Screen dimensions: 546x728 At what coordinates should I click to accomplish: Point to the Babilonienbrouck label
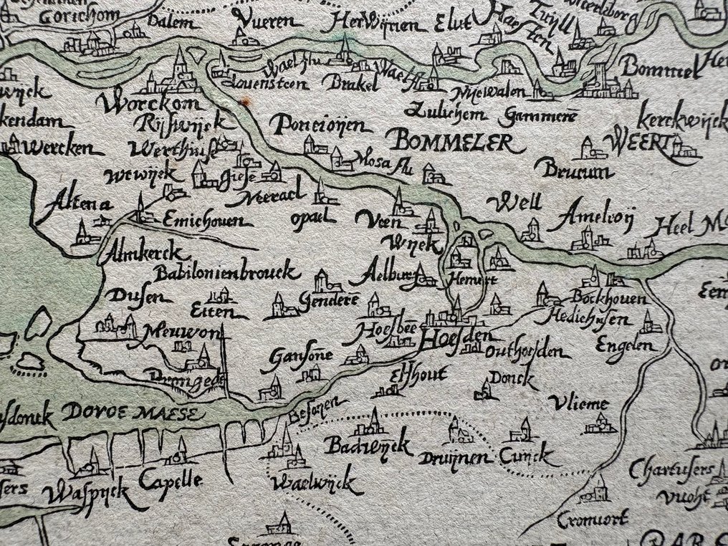225,272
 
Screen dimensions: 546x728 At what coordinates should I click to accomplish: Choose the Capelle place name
171,481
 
